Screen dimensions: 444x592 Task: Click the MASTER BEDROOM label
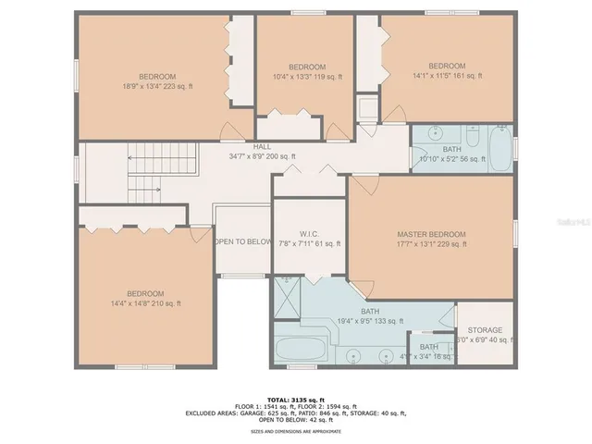[x=431, y=235]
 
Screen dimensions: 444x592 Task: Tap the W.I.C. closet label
[x=309, y=233]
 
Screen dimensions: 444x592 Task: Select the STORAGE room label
[x=485, y=330]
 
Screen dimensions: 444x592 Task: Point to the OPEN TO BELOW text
[x=243, y=241]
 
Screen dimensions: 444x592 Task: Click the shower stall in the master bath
[x=288, y=298]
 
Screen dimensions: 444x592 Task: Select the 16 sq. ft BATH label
[x=428, y=347]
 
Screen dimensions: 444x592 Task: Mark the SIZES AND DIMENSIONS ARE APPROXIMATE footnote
[x=296, y=432]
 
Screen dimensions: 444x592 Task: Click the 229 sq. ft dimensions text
[x=431, y=245]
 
